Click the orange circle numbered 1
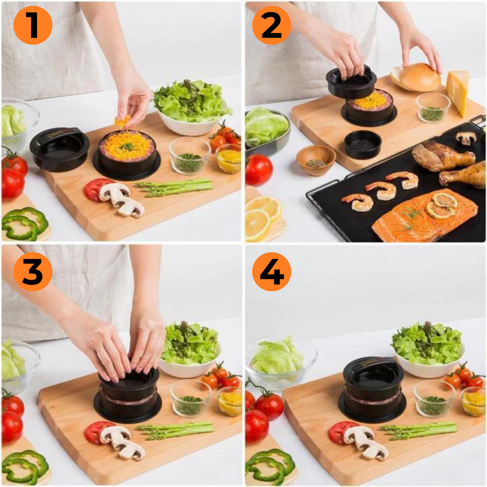point(33,25)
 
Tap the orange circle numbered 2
point(271,25)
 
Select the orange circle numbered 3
point(33,272)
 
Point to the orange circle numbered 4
point(271,272)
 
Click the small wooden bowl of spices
point(316,160)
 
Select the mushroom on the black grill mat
point(466,138)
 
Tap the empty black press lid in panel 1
point(60,148)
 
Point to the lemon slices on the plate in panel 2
point(263,216)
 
